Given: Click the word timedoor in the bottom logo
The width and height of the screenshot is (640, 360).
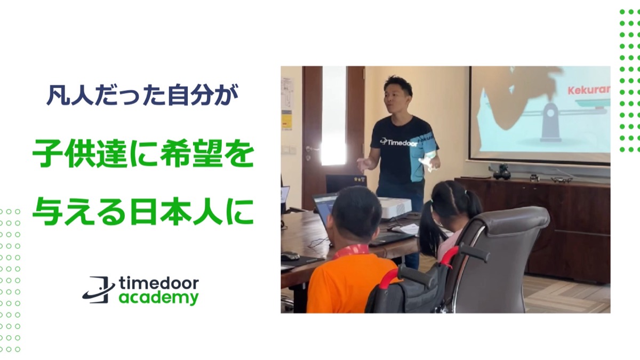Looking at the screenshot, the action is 158,283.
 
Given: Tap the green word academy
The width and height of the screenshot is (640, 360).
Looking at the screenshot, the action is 158,298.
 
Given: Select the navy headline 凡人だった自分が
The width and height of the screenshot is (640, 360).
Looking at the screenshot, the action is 142,95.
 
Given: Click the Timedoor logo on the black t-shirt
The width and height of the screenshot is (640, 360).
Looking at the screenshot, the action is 399,142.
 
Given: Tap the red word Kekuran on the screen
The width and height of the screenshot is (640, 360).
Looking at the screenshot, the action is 589,90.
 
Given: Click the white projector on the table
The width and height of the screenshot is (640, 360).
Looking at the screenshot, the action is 395,207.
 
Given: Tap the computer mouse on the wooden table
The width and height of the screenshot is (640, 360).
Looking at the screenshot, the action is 291,255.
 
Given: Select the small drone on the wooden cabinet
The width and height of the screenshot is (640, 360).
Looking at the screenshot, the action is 562,179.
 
